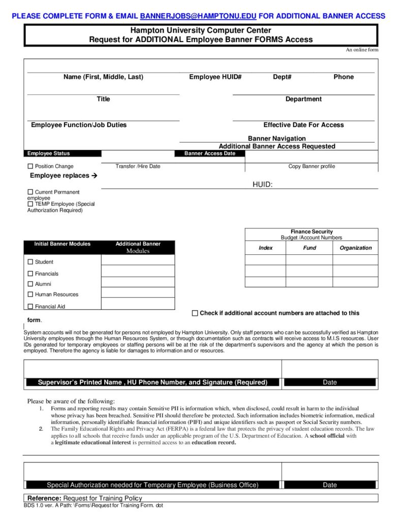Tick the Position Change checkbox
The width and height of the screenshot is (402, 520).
pyautogui.click(x=30, y=167)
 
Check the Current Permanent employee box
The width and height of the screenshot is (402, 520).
pyautogui.click(x=30, y=192)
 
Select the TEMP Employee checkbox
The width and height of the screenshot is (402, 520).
pyautogui.click(x=30, y=204)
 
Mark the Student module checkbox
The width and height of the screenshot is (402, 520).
pyautogui.click(x=30, y=262)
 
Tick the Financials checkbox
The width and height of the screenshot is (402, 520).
pyautogui.click(x=30, y=274)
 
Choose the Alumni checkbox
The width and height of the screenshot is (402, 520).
pyautogui.click(x=30, y=284)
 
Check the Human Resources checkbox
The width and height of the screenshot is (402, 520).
pyautogui.click(x=30, y=295)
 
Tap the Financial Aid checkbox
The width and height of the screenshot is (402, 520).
pyautogui.click(x=30, y=307)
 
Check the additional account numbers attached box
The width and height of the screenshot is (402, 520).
pyautogui.click(x=195, y=313)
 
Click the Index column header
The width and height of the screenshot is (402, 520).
pyautogui.click(x=265, y=248)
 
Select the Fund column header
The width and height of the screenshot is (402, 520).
pyautogui.click(x=309, y=248)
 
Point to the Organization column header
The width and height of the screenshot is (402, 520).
pyautogui.click(x=355, y=248)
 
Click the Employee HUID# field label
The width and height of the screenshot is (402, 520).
pyautogui.click(x=215, y=77)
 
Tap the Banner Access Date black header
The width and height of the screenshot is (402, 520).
pyautogui.click(x=209, y=153)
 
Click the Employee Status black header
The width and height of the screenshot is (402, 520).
pyautogui.click(x=49, y=153)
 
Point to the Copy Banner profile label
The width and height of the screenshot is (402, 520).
pyautogui.click(x=312, y=167)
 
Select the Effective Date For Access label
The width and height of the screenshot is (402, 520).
pyautogui.click(x=303, y=125)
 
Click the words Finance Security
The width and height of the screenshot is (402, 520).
pyautogui.click(x=312, y=232)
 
